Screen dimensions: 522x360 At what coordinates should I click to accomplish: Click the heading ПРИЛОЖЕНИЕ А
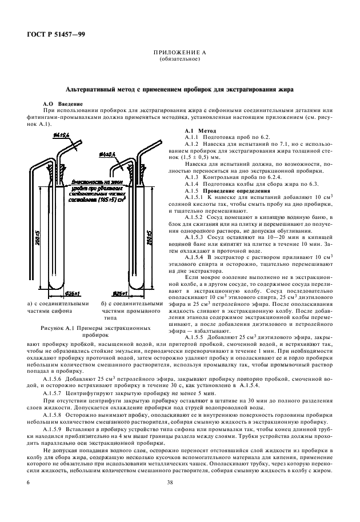coord(179,53)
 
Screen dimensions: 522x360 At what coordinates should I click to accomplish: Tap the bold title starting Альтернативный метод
coord(179,90)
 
